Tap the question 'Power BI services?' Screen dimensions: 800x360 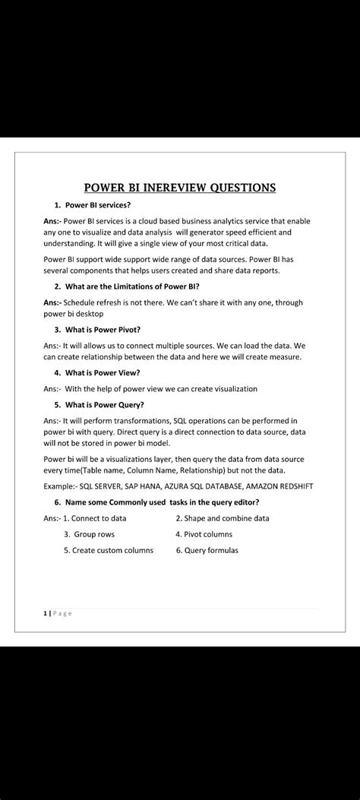point(98,205)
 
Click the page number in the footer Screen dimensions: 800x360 point(46,614)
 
